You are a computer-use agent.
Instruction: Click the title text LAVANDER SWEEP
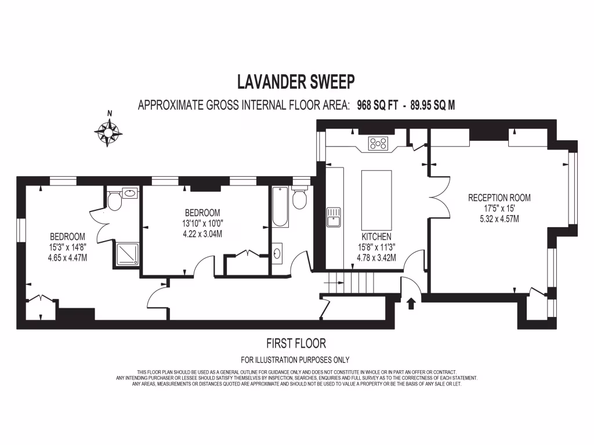pos(296,82)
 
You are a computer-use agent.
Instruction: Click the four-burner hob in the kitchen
pos(378,143)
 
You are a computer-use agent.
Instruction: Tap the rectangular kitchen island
pos(376,200)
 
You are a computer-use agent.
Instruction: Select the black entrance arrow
pos(411,303)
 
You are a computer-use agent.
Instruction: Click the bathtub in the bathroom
pos(280,207)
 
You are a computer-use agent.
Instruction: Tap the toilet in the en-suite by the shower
pos(115,201)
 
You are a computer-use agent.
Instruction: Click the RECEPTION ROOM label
pos(499,198)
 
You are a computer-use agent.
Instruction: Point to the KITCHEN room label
pos(376,237)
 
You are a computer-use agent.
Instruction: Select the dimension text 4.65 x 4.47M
pos(67,258)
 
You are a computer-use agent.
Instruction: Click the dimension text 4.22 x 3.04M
pos(202,234)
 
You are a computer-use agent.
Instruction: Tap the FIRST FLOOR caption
pos(296,343)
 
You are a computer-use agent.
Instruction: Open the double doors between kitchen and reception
pos(438,196)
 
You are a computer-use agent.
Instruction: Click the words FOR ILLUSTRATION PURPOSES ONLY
pos(296,360)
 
